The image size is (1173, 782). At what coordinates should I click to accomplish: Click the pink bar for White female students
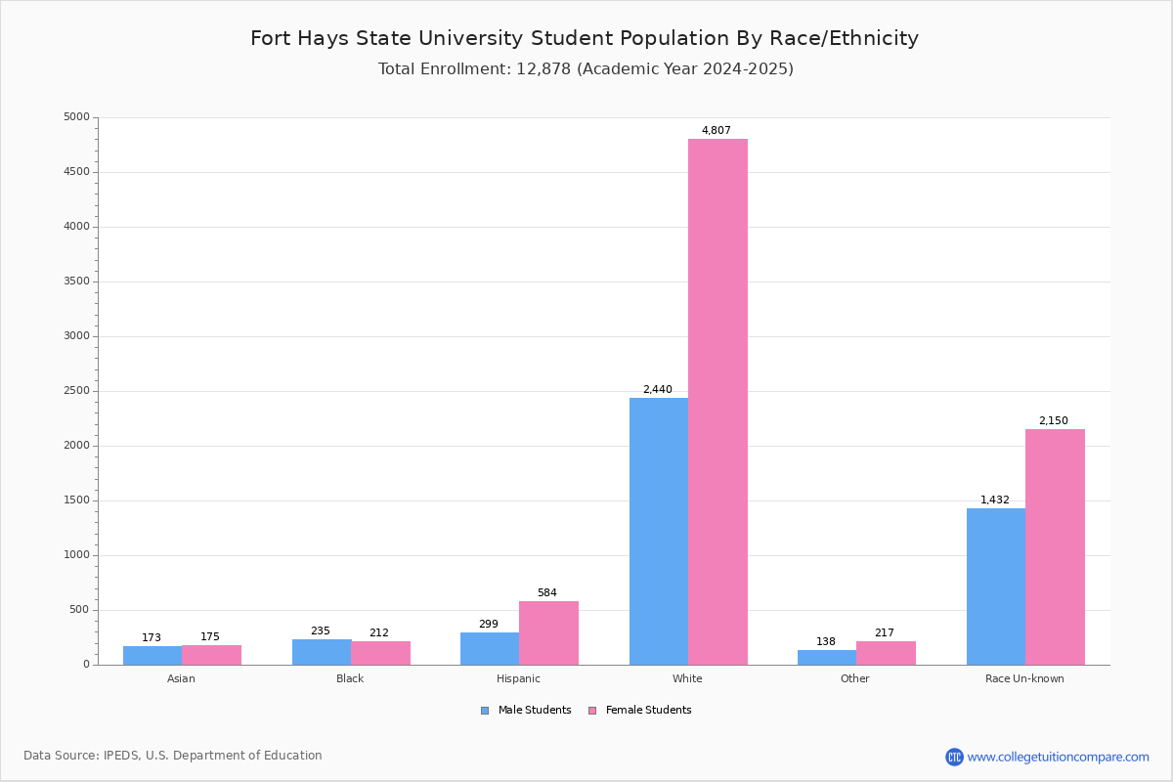tap(717, 402)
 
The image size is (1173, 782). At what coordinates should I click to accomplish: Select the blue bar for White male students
tap(659, 531)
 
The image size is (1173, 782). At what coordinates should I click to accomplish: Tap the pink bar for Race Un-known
tap(1055, 546)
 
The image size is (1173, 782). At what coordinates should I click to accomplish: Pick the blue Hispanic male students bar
tap(490, 648)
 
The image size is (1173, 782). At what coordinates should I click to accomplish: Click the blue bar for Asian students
tap(152, 655)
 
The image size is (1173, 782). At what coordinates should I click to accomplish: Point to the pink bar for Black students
tap(380, 653)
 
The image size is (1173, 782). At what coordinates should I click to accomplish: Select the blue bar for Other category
tap(827, 657)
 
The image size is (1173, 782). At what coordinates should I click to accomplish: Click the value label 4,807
tap(716, 130)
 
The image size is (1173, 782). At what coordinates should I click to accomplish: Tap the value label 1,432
tap(994, 500)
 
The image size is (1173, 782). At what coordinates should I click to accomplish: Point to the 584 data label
tap(547, 592)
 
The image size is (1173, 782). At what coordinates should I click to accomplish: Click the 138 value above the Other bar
tap(826, 641)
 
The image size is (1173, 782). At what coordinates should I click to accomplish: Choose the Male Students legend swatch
tap(485, 711)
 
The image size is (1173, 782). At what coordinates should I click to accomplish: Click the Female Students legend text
tap(648, 710)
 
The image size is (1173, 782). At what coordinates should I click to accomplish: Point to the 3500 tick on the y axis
tap(76, 282)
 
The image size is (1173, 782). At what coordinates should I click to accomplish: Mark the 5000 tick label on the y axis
tap(76, 116)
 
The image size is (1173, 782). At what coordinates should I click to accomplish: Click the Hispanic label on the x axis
tap(518, 678)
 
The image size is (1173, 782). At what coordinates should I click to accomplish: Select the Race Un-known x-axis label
tap(1024, 678)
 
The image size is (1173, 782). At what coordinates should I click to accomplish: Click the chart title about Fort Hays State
tap(585, 38)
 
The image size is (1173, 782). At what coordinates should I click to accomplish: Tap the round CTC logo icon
tap(954, 757)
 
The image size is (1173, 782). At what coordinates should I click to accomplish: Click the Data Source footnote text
tap(173, 756)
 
